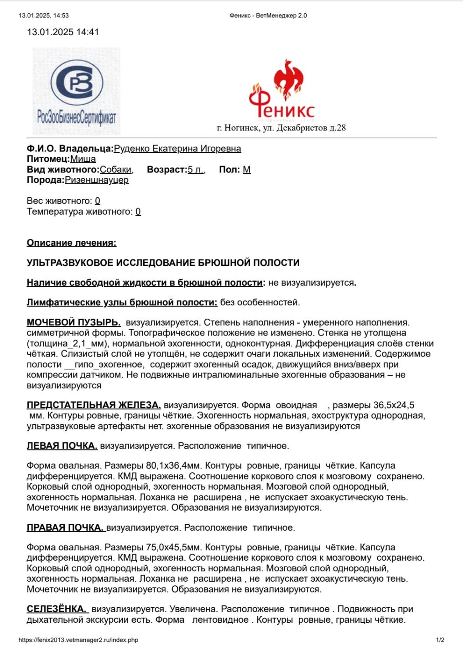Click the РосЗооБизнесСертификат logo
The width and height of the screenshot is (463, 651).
coord(76,91)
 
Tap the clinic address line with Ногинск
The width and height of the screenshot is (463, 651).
coord(281,128)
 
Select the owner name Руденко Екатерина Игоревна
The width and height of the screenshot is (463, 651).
coord(177,149)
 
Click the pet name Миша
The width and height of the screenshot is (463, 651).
coord(83,159)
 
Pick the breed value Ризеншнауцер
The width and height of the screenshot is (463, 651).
coord(97,180)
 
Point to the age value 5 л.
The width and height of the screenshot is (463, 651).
coord(196,170)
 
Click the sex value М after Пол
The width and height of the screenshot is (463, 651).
coord(246,170)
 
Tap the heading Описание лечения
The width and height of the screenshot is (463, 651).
coord(72,243)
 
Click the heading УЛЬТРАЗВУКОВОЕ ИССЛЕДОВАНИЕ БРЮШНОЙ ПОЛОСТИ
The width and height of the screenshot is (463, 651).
coord(163,263)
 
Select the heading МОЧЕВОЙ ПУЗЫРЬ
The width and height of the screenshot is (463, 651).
coord(73,323)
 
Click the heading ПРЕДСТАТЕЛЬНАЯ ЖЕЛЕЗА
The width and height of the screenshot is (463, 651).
coord(94,405)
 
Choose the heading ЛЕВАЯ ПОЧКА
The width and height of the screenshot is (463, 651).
coord(62,446)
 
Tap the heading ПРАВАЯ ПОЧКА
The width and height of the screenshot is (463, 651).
coord(65,528)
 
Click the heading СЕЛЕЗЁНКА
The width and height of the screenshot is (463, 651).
coord(56,609)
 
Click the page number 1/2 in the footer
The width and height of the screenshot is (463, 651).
coord(440,640)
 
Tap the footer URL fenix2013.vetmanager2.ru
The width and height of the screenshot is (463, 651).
coord(78,640)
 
